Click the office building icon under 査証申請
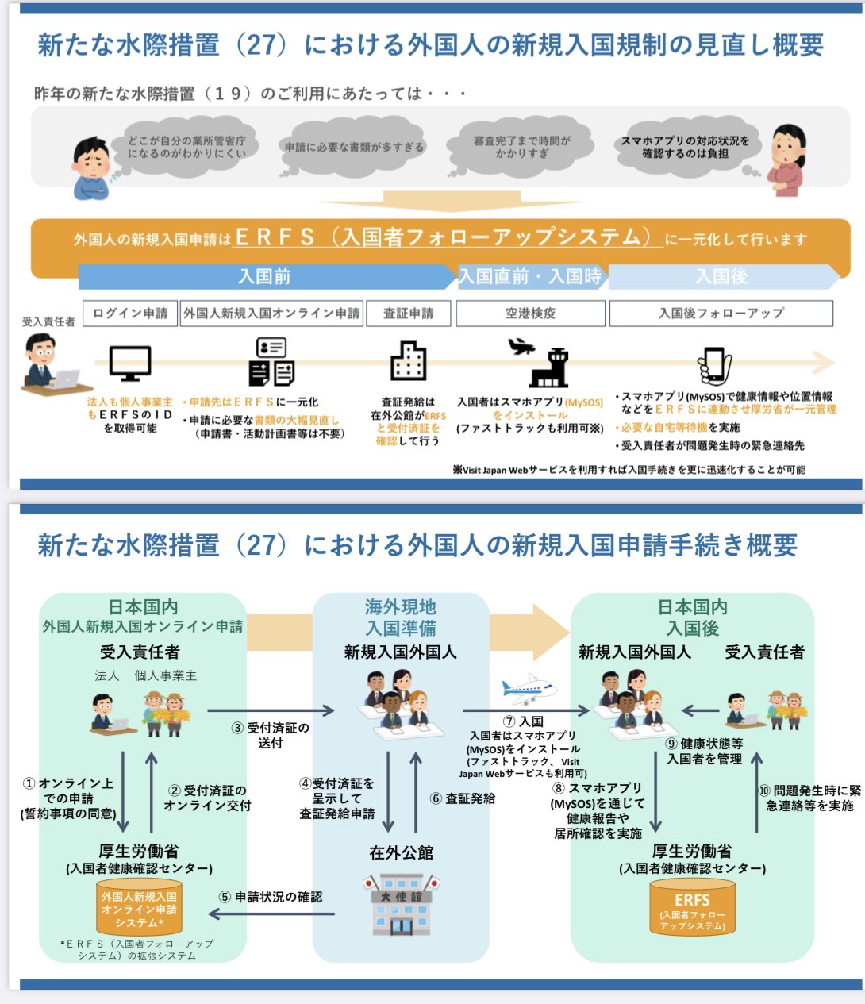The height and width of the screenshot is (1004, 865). (x=408, y=362)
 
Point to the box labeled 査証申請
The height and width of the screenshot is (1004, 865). (x=408, y=314)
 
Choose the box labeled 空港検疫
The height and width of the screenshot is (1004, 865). (x=530, y=314)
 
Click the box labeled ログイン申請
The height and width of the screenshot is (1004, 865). (x=130, y=314)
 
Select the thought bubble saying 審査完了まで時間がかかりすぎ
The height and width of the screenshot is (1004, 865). (x=521, y=146)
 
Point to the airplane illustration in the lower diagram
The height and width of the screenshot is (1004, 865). (x=528, y=688)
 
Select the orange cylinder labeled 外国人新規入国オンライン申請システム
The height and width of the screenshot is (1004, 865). (x=139, y=909)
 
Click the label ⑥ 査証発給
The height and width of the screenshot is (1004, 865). (x=463, y=798)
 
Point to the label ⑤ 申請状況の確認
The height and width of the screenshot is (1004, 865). (x=271, y=897)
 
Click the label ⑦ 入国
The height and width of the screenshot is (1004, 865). (x=524, y=721)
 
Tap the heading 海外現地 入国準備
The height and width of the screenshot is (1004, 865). (x=401, y=617)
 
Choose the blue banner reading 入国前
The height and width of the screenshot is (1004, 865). (x=265, y=276)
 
